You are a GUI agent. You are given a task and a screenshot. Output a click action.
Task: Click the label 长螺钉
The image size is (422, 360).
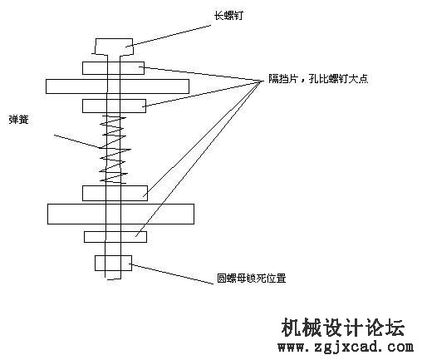click(x=228, y=16)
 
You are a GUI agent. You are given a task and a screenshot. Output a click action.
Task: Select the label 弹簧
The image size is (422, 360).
click(x=18, y=120)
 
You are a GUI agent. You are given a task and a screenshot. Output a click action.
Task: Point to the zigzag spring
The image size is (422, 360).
click(x=115, y=150)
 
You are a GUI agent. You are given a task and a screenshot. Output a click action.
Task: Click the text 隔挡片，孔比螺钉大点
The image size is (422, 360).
click(x=318, y=79)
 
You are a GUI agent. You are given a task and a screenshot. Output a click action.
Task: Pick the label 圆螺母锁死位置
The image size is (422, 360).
click(x=251, y=278)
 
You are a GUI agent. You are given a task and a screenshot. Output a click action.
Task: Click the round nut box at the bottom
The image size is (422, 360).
click(x=113, y=263)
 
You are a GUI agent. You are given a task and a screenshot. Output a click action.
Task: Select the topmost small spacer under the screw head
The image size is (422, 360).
click(x=113, y=68)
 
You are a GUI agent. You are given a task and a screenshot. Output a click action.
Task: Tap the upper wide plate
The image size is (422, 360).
click(x=117, y=86)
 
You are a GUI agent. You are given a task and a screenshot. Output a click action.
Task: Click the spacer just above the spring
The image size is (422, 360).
click(x=114, y=106)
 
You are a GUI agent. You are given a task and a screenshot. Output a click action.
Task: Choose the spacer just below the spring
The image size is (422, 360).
click(x=115, y=193)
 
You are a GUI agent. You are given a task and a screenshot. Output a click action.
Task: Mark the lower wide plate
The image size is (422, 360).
click(x=120, y=214)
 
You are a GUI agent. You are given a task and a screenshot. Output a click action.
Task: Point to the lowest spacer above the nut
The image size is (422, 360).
click(x=115, y=237)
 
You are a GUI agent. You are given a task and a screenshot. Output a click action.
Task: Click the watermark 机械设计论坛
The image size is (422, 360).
click(x=343, y=327)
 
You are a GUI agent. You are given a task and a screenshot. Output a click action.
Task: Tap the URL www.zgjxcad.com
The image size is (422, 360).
click(x=346, y=347)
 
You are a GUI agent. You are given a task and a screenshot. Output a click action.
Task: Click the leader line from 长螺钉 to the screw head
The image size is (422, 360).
click(x=168, y=36)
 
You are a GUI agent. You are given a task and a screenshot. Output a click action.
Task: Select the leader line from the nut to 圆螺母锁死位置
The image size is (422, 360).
click(x=172, y=274)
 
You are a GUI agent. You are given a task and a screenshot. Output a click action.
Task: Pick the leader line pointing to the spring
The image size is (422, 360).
click(x=77, y=141)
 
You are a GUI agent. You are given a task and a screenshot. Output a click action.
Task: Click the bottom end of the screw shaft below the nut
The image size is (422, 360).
click(x=113, y=279)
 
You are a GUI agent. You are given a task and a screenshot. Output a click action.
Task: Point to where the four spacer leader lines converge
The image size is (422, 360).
click(x=262, y=81)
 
